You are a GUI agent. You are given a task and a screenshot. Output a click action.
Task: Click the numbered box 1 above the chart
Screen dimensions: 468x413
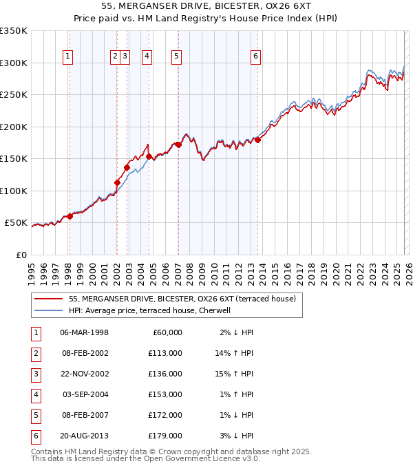tap(69, 57)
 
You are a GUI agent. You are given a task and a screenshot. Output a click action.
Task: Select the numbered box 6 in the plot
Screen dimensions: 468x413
tap(255, 57)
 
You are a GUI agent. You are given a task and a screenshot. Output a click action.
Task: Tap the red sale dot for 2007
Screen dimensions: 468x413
tap(178, 145)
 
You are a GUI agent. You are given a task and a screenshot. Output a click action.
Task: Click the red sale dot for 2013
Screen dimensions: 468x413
tap(257, 140)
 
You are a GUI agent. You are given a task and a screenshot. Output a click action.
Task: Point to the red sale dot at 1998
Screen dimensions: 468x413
tap(70, 216)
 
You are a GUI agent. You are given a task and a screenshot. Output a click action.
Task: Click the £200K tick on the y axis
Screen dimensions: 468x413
tap(14, 127)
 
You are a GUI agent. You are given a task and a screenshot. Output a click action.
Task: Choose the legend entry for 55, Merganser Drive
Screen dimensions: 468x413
tap(182, 299)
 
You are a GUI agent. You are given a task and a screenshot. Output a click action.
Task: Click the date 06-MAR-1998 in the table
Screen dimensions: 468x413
tap(84, 332)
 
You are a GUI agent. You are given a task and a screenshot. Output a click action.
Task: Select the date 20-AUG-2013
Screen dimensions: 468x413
tap(84, 436)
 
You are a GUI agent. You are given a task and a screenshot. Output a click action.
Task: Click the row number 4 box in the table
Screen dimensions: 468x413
tap(34, 394)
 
